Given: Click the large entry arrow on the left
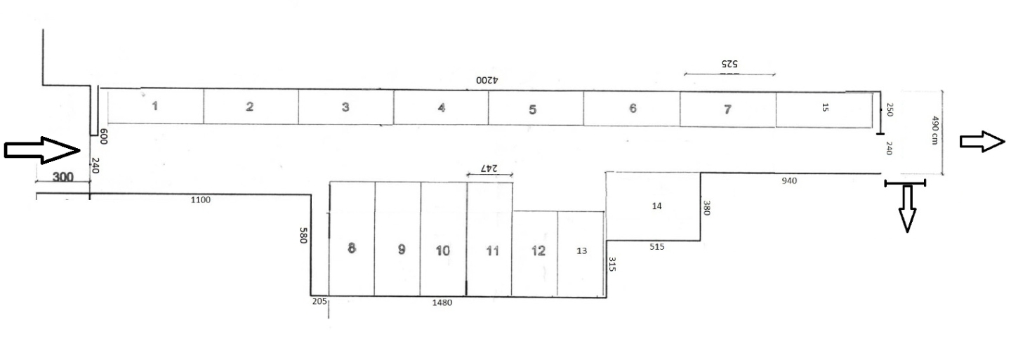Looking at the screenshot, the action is (x=42, y=150).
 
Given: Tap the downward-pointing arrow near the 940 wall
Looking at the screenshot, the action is (x=907, y=209).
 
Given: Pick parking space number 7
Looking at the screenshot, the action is (x=727, y=109).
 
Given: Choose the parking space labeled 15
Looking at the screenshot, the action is (x=824, y=109).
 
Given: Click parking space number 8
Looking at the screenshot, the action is (x=352, y=239).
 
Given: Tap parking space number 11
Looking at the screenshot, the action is (x=490, y=239).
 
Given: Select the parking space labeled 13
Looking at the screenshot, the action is (x=581, y=254).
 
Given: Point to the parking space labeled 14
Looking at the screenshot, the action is (x=653, y=206).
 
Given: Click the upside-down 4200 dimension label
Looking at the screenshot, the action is (x=487, y=80).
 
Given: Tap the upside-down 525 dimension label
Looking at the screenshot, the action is (x=729, y=64).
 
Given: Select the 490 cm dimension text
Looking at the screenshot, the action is (x=935, y=131).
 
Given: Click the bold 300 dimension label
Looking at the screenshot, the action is (x=62, y=177).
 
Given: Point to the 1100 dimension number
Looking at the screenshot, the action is (x=200, y=200).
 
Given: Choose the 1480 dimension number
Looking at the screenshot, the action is (x=442, y=302).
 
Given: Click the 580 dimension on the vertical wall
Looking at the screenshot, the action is (x=303, y=235).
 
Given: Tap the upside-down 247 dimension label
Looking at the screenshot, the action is (x=489, y=168).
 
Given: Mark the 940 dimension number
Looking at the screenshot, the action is (x=789, y=181).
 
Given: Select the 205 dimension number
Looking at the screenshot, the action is (x=319, y=301).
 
